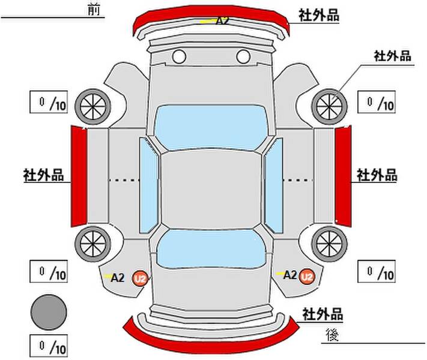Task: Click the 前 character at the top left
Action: click(94, 10)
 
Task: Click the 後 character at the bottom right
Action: click(332, 335)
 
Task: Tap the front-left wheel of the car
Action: click(93, 106)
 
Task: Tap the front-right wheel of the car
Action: click(329, 106)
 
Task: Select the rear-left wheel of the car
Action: click(93, 244)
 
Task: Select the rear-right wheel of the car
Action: click(329, 244)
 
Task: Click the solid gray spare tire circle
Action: click(49, 312)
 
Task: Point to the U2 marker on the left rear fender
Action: click(141, 278)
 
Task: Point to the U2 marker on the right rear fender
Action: click(307, 277)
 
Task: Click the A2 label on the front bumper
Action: click(222, 20)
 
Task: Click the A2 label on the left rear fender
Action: click(118, 278)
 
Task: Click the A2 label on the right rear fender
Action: click(289, 275)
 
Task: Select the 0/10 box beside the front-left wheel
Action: click(49, 102)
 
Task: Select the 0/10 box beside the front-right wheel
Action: click(377, 102)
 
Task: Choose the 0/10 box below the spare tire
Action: click(49, 346)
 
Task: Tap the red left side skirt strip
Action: click(79, 176)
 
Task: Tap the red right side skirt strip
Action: click(343, 176)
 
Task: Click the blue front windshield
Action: click(211, 127)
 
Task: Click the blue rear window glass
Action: click(211, 248)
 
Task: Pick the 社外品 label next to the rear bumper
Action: click(323, 314)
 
